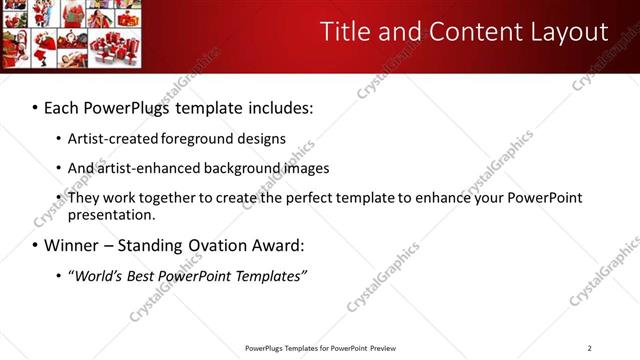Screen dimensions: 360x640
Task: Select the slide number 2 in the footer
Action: tap(589, 348)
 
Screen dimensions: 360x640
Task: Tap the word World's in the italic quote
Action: tap(99, 275)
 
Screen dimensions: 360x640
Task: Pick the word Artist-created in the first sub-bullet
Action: tap(110, 138)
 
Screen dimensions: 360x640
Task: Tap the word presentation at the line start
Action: tap(111, 215)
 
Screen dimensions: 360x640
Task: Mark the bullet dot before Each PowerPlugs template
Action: tap(35, 106)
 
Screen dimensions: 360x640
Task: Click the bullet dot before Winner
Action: tap(35, 245)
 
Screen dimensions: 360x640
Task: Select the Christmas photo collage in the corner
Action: tap(71, 33)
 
